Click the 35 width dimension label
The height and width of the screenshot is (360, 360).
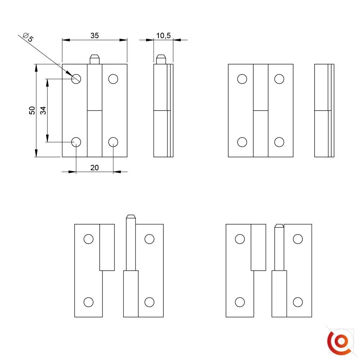(x=95, y=36)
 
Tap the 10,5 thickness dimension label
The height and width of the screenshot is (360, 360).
(x=163, y=36)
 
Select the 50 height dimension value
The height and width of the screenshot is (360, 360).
(x=32, y=111)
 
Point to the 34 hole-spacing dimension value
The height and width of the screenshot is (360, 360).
(x=43, y=111)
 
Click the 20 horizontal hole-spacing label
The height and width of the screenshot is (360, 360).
(x=95, y=168)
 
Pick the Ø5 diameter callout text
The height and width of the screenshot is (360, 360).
(x=28, y=37)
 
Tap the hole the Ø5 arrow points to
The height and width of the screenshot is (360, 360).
(x=76, y=79)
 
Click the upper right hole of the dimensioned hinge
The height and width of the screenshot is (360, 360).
(x=113, y=79)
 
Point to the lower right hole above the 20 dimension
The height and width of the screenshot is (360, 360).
(x=113, y=142)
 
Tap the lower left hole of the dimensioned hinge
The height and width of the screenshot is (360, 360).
(x=76, y=142)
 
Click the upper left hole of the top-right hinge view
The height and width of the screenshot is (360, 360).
(x=242, y=79)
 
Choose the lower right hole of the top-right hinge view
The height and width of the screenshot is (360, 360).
(x=279, y=142)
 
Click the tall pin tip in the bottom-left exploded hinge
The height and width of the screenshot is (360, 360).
(x=131, y=217)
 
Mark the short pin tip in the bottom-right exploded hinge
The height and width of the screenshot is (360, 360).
(x=279, y=226)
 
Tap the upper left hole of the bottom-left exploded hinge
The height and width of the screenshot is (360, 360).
(x=89, y=239)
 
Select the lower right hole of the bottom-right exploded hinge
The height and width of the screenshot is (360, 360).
(x=298, y=302)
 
